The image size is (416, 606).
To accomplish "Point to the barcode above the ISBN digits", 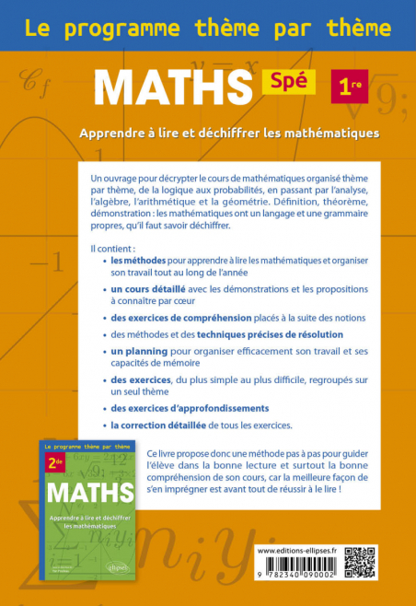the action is point(296,567).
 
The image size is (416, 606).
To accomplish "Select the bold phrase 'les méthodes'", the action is point(135,261).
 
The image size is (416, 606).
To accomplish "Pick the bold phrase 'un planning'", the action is point(139,352).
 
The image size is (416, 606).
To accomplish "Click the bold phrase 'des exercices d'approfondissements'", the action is point(190,407).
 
